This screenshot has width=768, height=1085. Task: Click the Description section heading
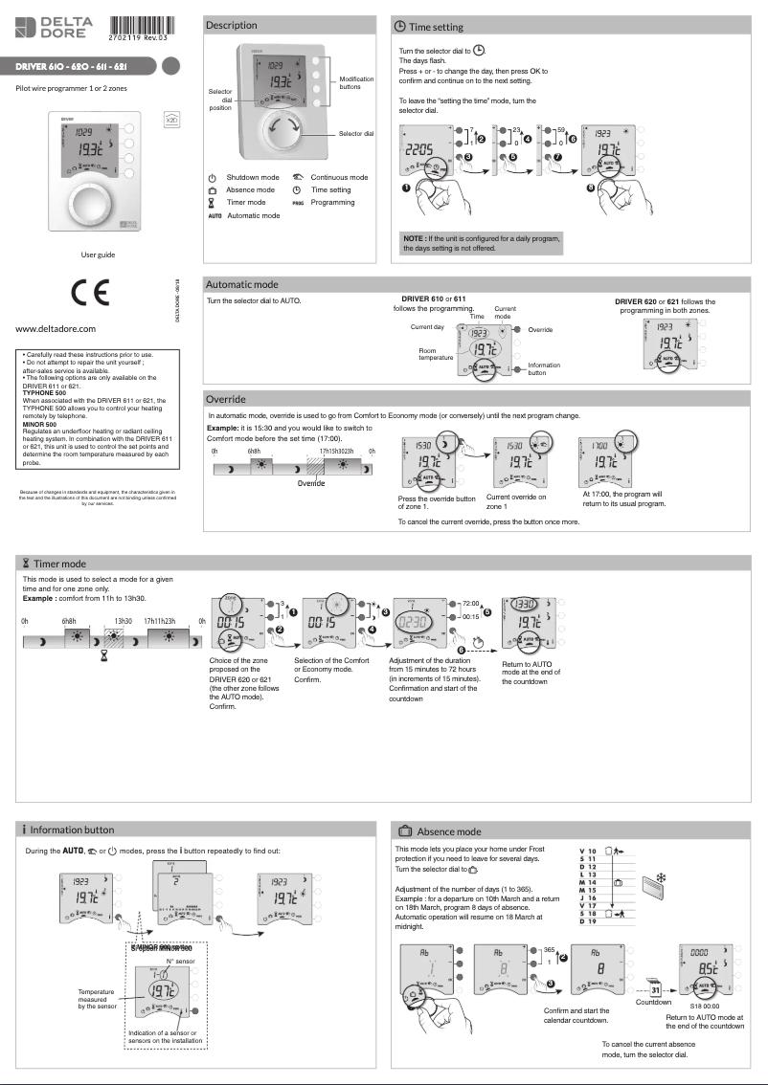point(232,26)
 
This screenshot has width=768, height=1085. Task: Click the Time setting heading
point(436,28)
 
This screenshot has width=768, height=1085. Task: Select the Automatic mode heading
point(242,284)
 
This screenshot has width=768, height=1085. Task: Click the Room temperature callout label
point(436,354)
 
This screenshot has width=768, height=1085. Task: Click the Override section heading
point(226,399)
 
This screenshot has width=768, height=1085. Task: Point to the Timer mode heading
point(59,565)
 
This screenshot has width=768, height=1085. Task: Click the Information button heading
point(72,830)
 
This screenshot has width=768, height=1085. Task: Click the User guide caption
point(98,255)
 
